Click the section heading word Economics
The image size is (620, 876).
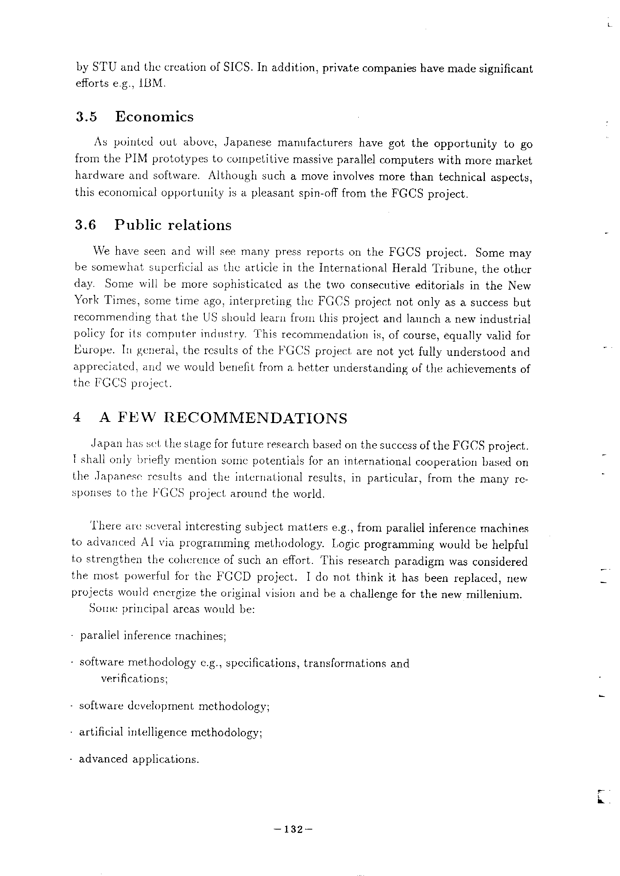pyautogui.click(x=154, y=117)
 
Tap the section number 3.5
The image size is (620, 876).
pyautogui.click(x=86, y=117)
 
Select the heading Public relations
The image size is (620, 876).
pyautogui.click(x=173, y=225)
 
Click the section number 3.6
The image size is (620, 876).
pyautogui.click(x=85, y=225)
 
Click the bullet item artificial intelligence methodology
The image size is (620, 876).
pyautogui.click(x=170, y=732)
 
